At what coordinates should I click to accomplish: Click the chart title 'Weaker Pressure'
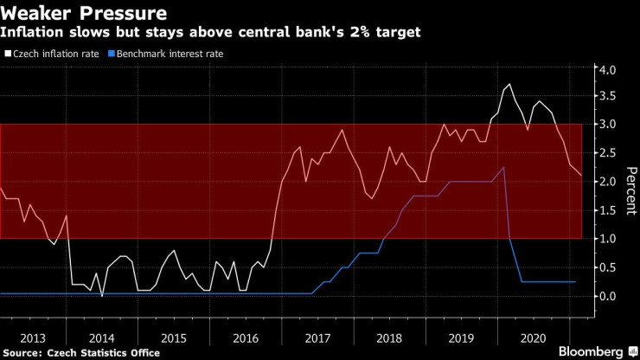pos(84,14)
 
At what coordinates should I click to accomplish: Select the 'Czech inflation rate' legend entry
pos(54,54)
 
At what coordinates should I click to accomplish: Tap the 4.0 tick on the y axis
pos(606,69)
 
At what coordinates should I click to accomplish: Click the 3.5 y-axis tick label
pos(606,97)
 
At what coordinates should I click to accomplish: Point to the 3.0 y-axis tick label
pos(606,125)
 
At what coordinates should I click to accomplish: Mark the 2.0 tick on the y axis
pos(606,182)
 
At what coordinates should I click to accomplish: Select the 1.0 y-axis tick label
pos(606,238)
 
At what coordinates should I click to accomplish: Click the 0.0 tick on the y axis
pos(606,295)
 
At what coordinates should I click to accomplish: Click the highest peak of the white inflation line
pos(509,84)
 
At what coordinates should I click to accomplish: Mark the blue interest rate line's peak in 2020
pos(503,167)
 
